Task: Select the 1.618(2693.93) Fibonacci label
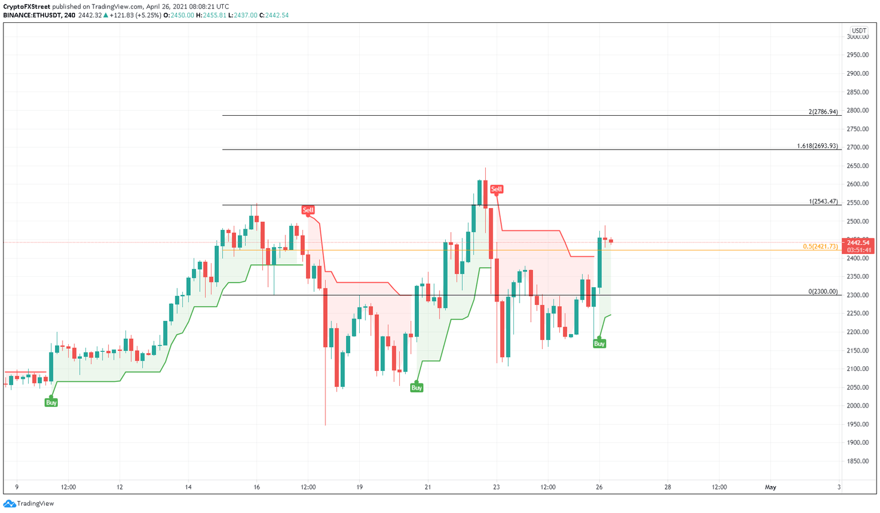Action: (817, 146)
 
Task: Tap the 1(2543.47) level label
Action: (823, 202)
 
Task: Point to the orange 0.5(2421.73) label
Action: (820, 246)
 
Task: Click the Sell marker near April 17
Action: (308, 210)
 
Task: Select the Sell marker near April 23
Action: (496, 189)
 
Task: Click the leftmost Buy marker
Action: (51, 403)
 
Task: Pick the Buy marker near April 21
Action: (417, 388)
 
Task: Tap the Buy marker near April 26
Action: (599, 344)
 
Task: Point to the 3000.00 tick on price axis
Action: (857, 37)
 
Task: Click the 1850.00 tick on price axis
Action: (857, 461)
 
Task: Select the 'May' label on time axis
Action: (771, 488)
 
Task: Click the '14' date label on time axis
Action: (188, 488)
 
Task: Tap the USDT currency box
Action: (858, 31)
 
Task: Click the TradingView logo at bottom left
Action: (29, 503)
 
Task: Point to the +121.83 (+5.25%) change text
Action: (135, 15)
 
